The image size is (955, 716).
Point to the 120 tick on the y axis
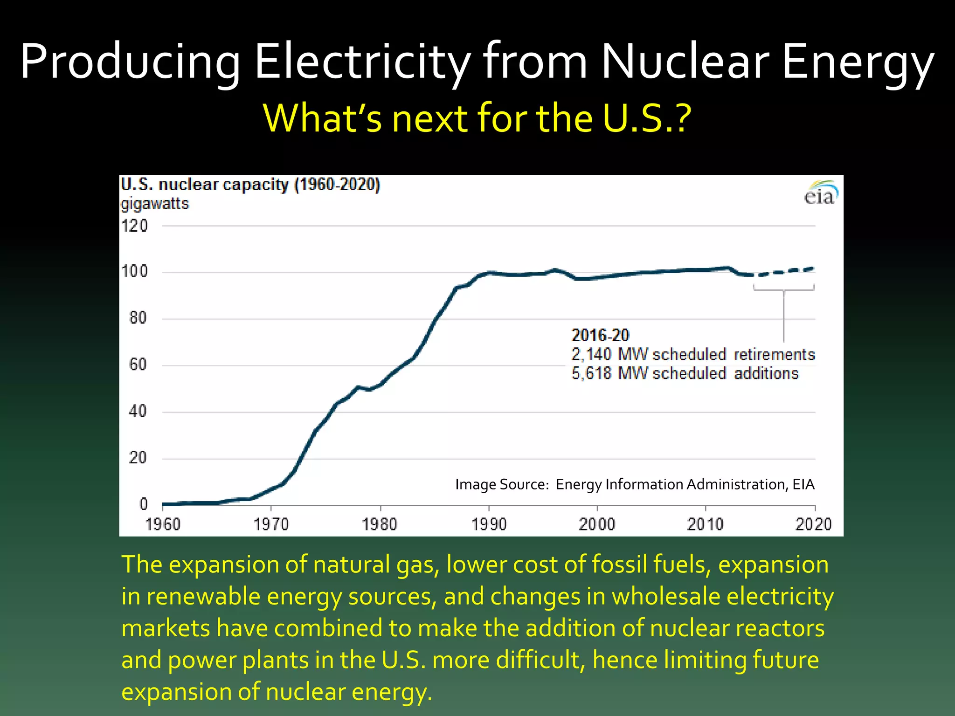[134, 226]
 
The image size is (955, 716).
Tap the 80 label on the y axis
[138, 318]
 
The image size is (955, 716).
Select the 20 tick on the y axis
[138, 458]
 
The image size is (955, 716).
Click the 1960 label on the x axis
[163, 524]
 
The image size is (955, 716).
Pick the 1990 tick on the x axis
[489, 524]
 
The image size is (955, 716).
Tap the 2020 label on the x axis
[813, 524]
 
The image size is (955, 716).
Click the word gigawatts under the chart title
[155, 204]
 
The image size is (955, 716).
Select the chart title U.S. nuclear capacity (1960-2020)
[250, 185]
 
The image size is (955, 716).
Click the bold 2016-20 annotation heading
[600, 335]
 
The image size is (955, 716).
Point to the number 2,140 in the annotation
[591, 354]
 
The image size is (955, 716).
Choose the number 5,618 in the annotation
[591, 373]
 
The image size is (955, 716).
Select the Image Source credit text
[635, 484]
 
